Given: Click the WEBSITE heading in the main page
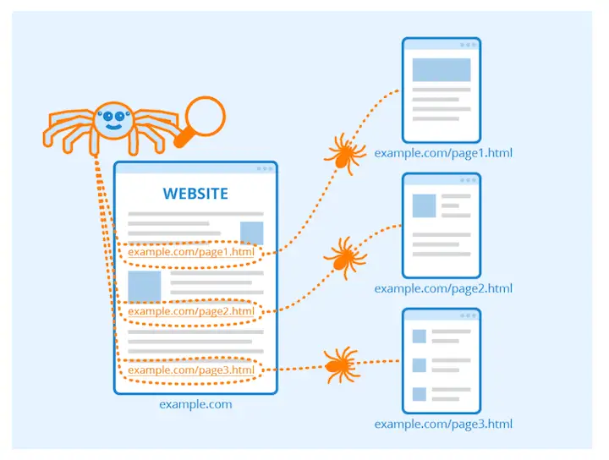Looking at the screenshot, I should (x=195, y=194).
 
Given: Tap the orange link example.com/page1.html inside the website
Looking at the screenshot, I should (x=190, y=252).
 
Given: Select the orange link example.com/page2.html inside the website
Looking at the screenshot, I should (x=190, y=311).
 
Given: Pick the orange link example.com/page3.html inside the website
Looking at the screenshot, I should (x=190, y=370).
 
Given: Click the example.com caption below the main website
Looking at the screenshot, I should (x=195, y=404).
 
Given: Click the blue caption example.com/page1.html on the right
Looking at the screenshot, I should (x=443, y=153).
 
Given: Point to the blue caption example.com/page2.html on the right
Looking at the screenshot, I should (x=443, y=288).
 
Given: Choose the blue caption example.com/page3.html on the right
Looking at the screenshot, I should (x=443, y=424).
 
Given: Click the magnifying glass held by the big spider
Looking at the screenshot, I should (x=205, y=115).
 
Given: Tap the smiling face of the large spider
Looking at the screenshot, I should (x=112, y=121).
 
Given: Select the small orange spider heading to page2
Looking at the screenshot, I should (x=343, y=255).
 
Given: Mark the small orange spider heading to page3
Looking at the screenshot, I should (x=338, y=364).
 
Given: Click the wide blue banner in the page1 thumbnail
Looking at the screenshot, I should (x=441, y=70).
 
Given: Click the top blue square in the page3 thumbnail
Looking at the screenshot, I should (x=419, y=337).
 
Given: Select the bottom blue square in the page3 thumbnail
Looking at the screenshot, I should (x=419, y=393).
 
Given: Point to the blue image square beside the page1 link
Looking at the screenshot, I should (x=251, y=233).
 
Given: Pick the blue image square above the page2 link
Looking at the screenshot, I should (x=144, y=286).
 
